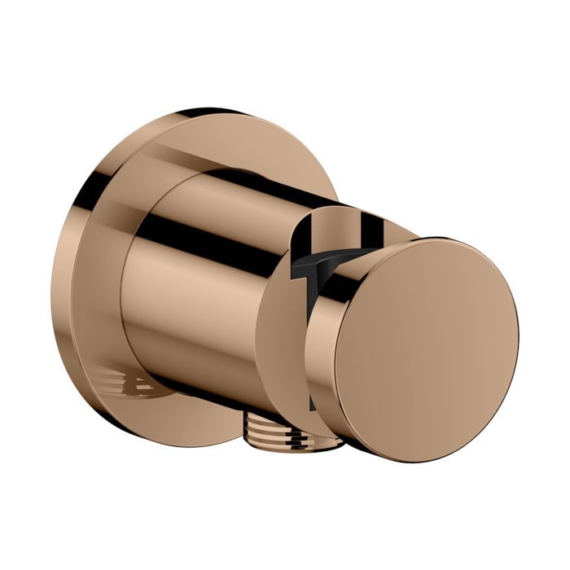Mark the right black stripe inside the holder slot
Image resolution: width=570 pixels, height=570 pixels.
pos(375,233)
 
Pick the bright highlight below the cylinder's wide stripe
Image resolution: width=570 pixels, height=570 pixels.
pos(204,269)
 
